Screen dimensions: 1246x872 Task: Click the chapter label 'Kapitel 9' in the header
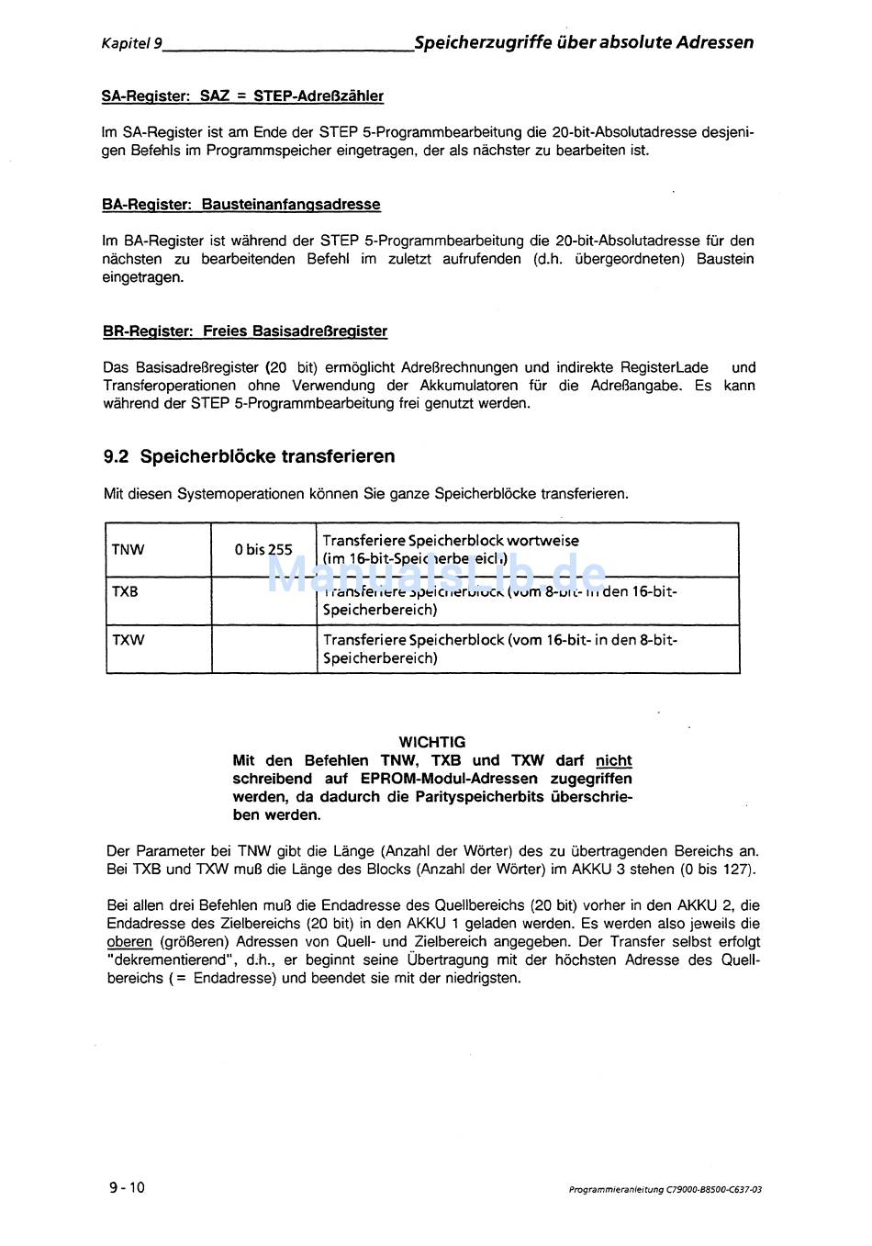[x=132, y=43]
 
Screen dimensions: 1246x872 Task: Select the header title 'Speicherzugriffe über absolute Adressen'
[x=584, y=42]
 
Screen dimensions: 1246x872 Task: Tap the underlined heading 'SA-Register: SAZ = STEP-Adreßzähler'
[x=242, y=96]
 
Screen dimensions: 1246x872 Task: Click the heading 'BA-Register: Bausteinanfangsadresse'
[x=240, y=205]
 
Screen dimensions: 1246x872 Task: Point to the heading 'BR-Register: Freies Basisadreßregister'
[x=244, y=331]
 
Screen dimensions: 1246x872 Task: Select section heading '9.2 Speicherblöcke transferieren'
[x=249, y=456]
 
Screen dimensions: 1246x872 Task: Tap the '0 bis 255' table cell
[x=263, y=550]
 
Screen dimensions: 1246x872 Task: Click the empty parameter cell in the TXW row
[x=264, y=649]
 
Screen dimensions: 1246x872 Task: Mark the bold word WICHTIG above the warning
[x=432, y=742]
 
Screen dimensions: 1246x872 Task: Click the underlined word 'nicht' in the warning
[x=613, y=760]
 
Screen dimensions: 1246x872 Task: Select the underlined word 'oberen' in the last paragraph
[x=129, y=942]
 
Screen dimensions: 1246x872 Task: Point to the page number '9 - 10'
[x=127, y=1187]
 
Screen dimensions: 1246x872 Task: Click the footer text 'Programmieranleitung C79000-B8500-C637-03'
[x=665, y=1190]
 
